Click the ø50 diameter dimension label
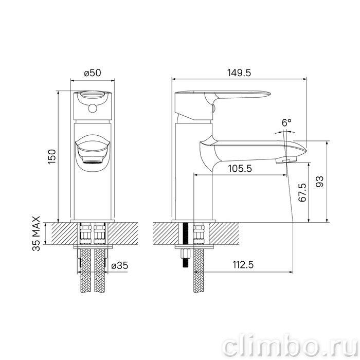click(x=93, y=73)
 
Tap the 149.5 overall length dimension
click(x=239, y=73)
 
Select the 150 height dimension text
click(x=52, y=157)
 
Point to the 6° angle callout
click(x=286, y=122)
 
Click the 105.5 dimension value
click(x=240, y=169)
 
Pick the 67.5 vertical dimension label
click(x=302, y=192)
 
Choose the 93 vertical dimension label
click(x=319, y=182)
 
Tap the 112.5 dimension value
click(x=243, y=265)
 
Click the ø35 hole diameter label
click(x=120, y=266)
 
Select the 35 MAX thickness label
click(x=36, y=233)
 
